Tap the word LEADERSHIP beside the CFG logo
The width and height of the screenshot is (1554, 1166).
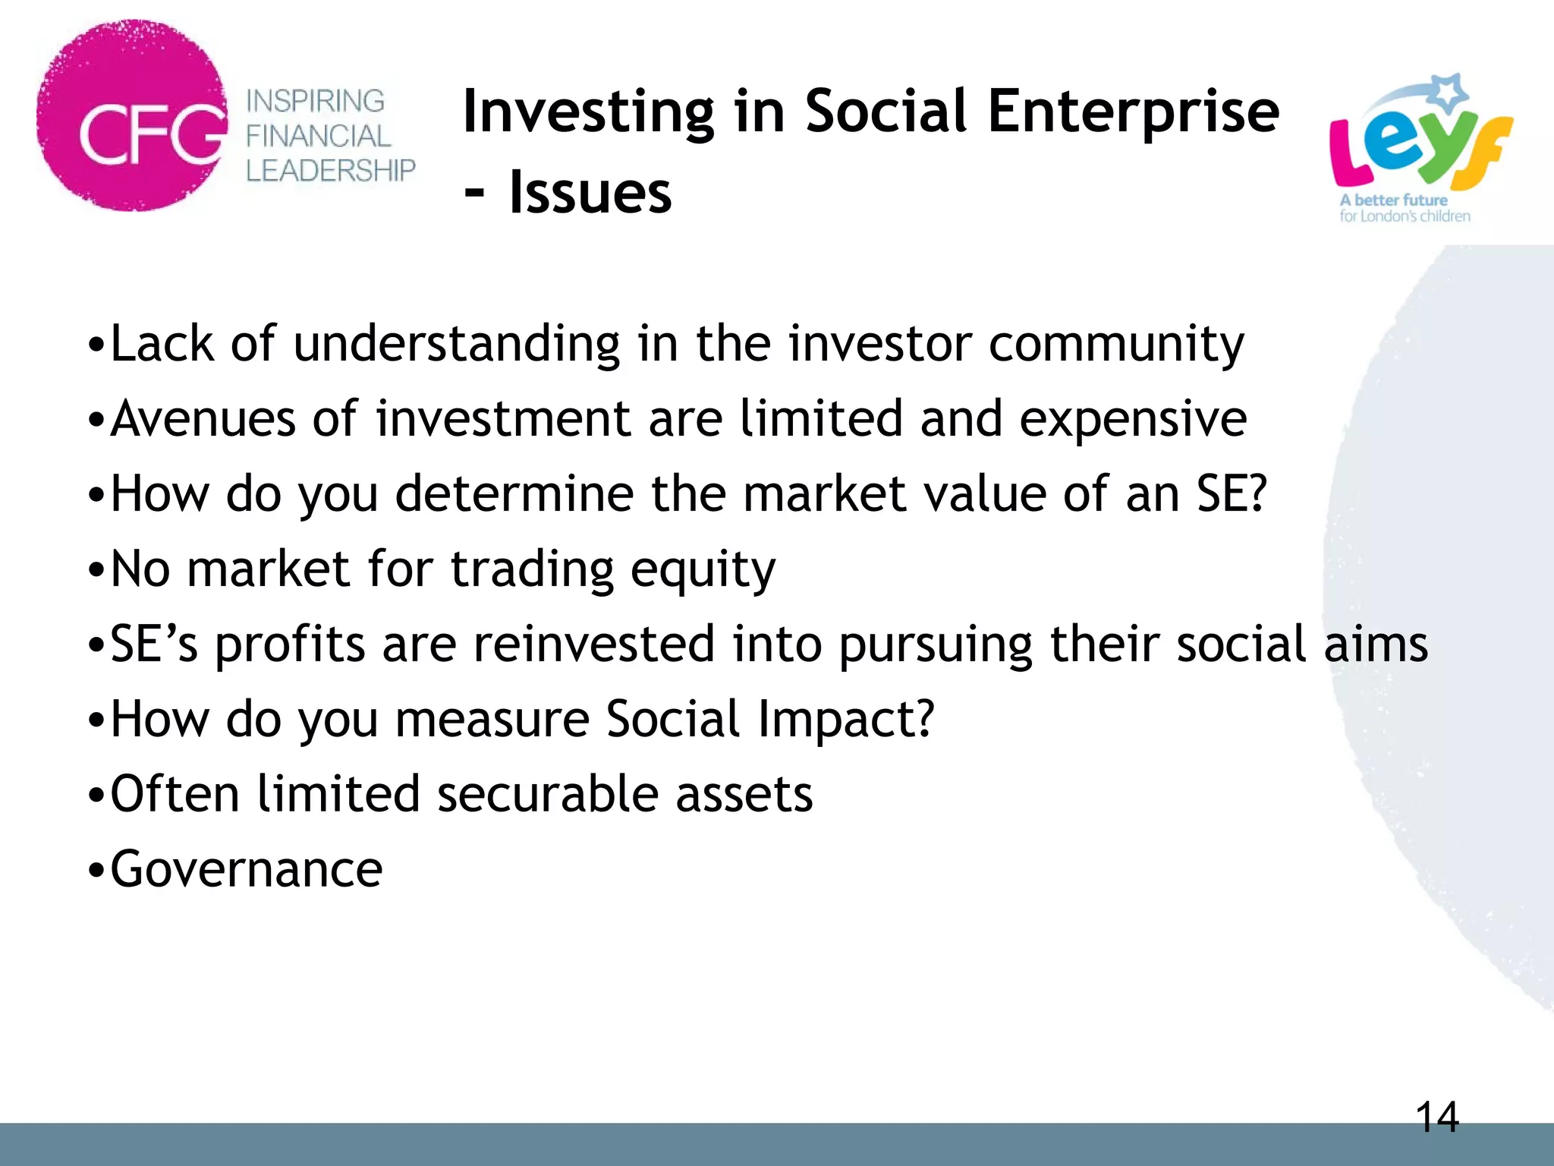click(x=330, y=171)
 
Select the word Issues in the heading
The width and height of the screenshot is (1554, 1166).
click(x=590, y=193)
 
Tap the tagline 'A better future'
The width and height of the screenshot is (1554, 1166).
click(x=1393, y=200)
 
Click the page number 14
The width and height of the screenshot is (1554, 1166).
click(x=1436, y=1118)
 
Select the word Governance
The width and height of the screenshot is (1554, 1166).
click(x=247, y=869)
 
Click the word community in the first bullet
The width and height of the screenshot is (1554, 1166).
click(x=1116, y=344)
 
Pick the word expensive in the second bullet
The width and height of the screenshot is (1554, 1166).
click(x=1132, y=419)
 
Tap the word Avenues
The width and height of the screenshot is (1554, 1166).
click(x=203, y=419)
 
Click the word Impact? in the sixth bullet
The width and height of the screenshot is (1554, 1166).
click(x=845, y=720)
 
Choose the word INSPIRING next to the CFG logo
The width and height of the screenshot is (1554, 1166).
click(x=315, y=101)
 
